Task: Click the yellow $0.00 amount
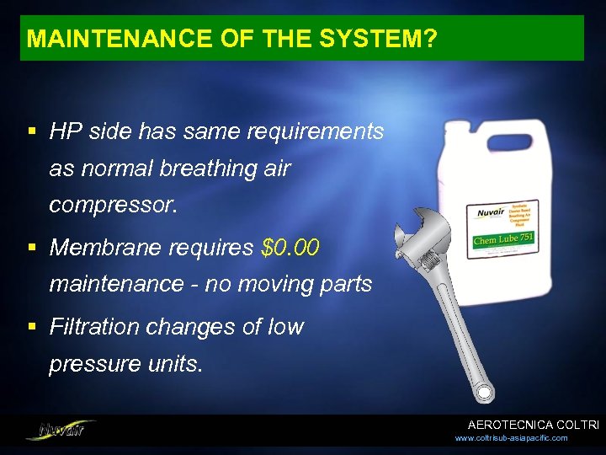[291, 248]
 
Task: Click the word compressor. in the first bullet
[114, 205]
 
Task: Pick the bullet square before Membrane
[32, 248]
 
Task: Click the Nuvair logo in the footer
[61, 429]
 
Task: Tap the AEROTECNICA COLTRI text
[533, 426]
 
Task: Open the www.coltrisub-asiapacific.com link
[511, 438]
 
